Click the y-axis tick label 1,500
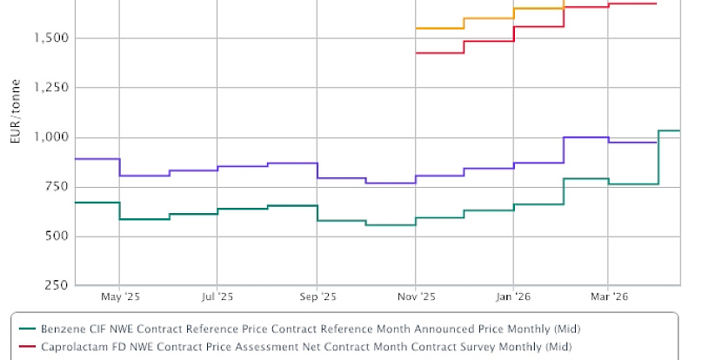tap(50, 38)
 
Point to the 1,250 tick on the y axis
tap(50, 88)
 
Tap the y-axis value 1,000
tap(50, 137)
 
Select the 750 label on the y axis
tap(57, 187)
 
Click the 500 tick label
tap(57, 237)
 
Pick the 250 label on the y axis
tap(57, 286)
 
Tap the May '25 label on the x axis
tap(120, 297)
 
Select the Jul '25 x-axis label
tap(217, 297)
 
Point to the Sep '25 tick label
tap(317, 297)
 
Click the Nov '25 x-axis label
tap(416, 297)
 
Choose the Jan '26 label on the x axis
tap(513, 297)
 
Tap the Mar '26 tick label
tap(608, 297)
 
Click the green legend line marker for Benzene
tap(27, 329)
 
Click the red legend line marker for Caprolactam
tap(27, 347)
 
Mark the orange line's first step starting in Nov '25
tap(440, 29)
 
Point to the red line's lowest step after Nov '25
tap(440, 53)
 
